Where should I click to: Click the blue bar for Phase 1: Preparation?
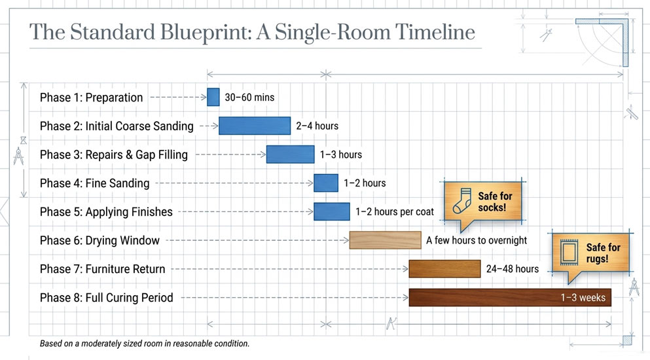coord(213,97)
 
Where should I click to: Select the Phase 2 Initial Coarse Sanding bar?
coord(255,126)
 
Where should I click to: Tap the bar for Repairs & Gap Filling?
coord(290,154)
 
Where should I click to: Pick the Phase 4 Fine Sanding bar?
coord(326,183)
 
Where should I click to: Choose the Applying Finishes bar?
coord(332,211)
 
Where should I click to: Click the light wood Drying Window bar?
coord(385,240)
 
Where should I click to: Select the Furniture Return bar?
coord(445,269)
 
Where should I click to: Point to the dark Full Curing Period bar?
coord(510,297)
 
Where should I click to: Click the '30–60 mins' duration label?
coord(249,98)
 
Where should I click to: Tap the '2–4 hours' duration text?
coord(317,126)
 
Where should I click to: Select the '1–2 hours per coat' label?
coord(395,212)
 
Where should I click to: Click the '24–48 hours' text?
coord(513,269)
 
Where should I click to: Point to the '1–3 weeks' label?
coord(583,297)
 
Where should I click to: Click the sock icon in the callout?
coord(462,201)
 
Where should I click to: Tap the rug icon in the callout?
coord(569,252)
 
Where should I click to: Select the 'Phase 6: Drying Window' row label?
coord(99,241)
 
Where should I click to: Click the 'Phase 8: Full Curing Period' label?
coord(107,298)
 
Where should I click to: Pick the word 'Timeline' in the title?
coord(435,32)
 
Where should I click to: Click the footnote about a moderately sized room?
coord(145,344)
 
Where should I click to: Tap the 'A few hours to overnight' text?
coord(477,241)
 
